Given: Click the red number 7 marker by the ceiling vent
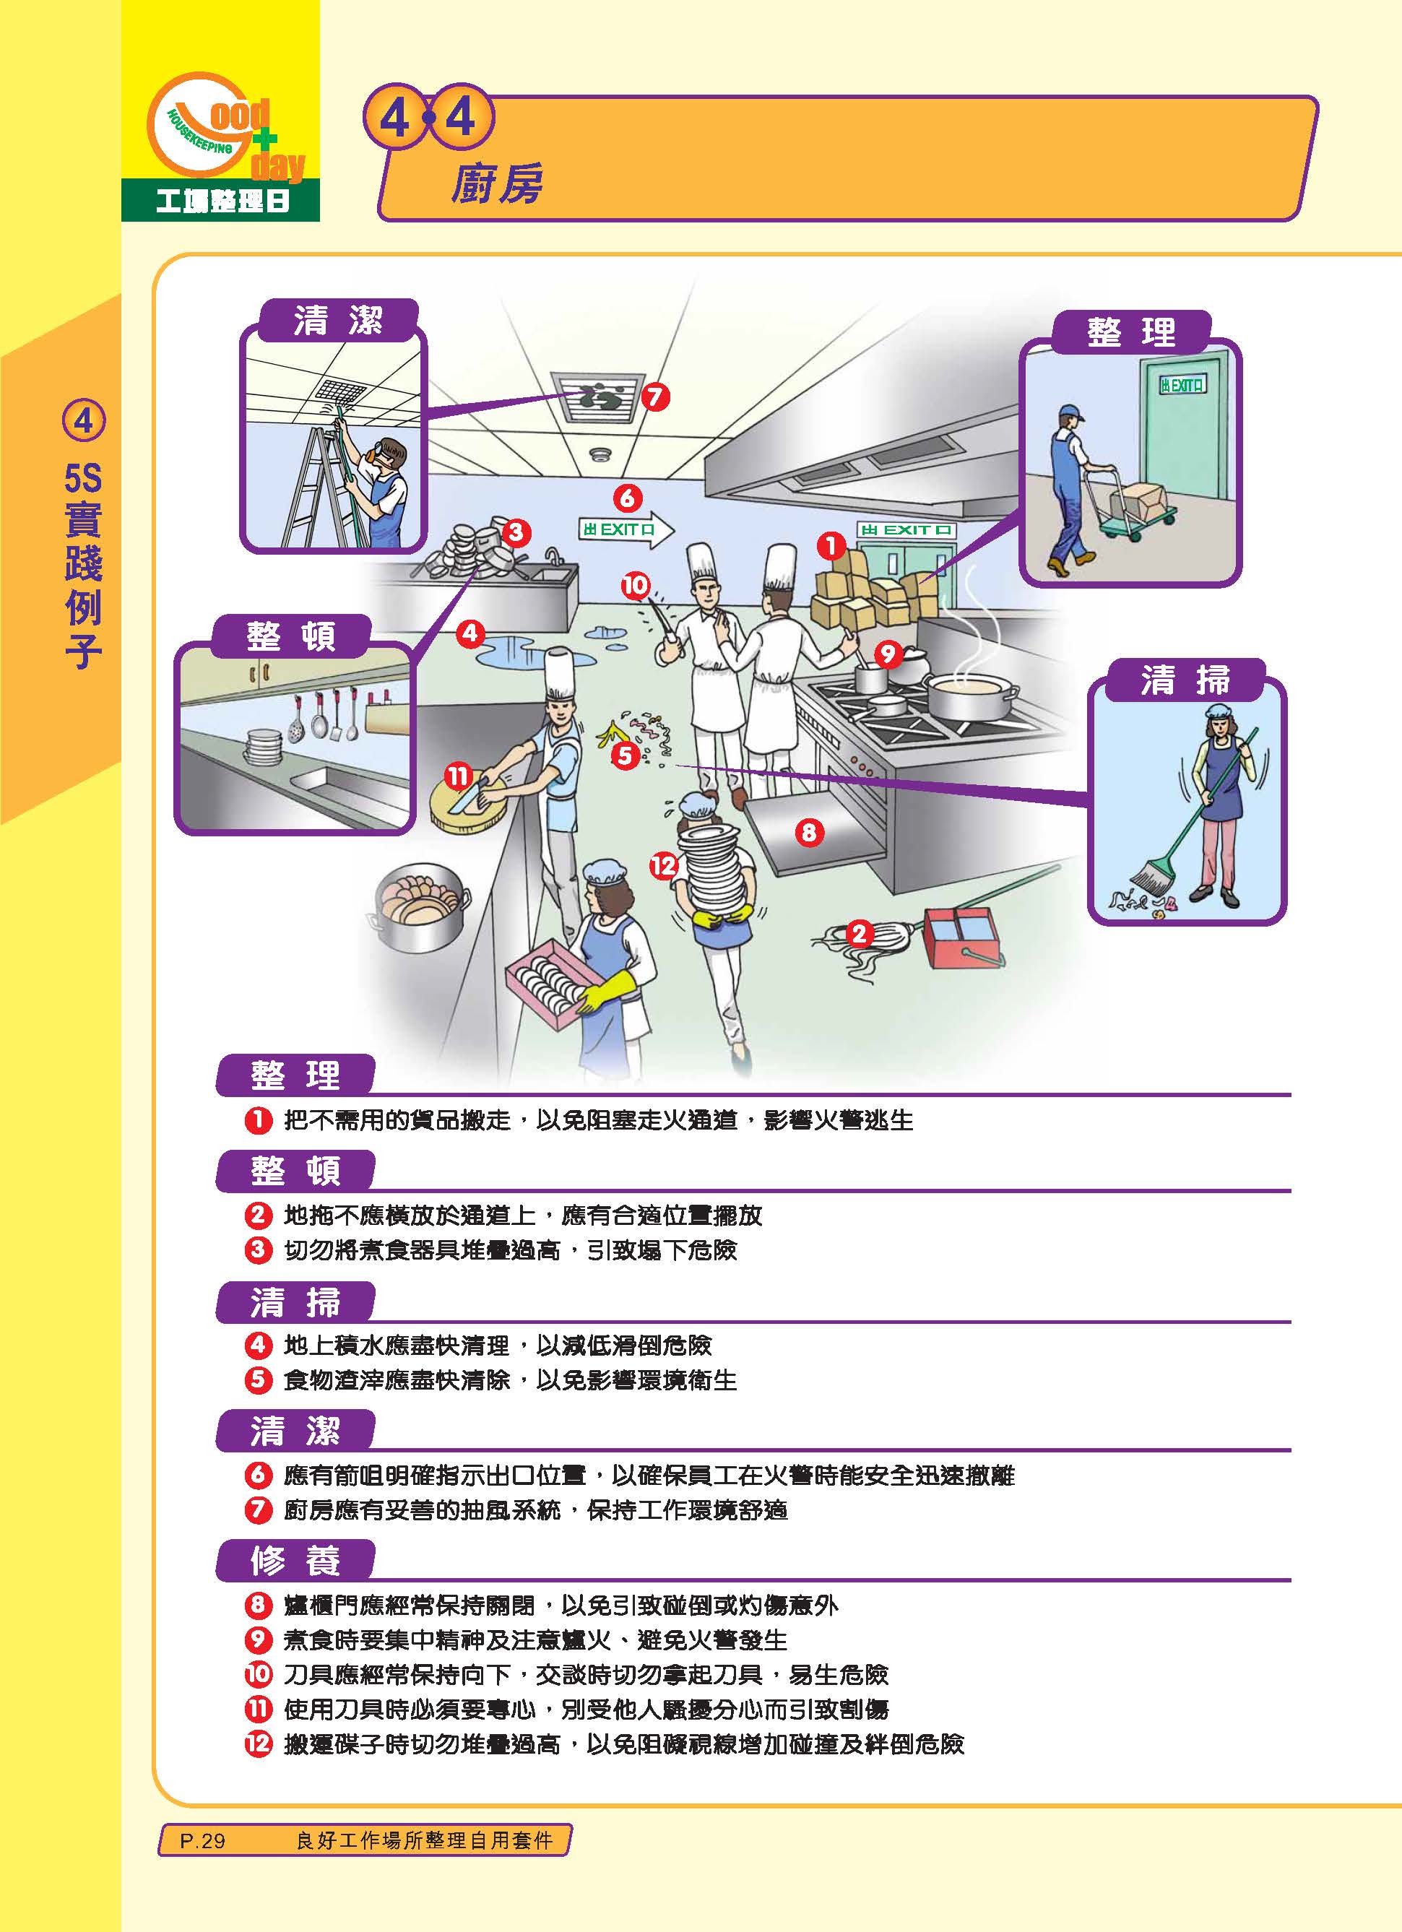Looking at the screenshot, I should [654, 396].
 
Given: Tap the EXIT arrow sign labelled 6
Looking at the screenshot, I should [626, 529].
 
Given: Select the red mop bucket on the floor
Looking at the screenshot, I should [959, 937].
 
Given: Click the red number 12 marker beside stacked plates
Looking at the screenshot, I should [664, 867].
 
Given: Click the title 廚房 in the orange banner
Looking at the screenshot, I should [496, 184].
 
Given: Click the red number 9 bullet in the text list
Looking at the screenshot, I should [257, 1639].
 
